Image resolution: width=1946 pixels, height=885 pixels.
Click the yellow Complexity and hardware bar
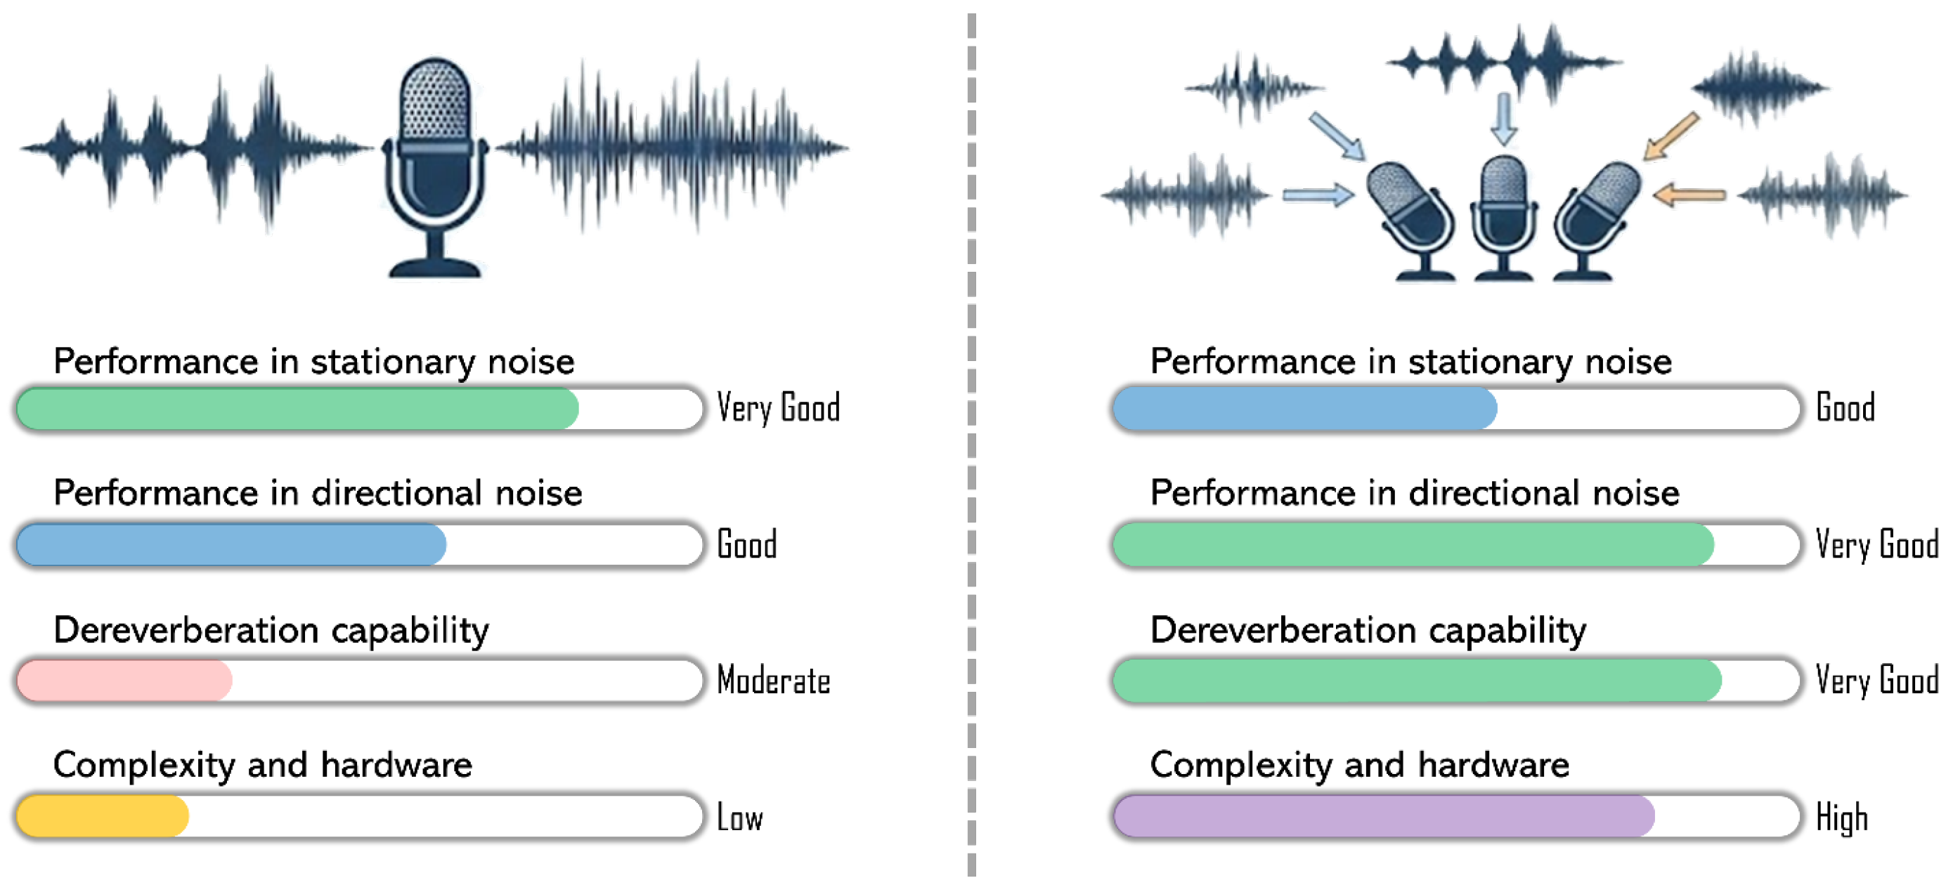[103, 816]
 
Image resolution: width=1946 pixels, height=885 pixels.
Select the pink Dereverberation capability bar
[124, 681]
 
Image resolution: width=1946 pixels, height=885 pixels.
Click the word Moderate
[773, 681]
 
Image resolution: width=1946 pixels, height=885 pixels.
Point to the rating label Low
[739, 818]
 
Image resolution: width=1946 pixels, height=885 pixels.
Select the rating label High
[1842, 818]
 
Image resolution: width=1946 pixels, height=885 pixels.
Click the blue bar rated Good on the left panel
[231, 544]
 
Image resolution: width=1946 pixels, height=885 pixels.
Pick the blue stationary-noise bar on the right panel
[1304, 409]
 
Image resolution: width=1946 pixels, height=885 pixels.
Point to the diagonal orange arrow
[1671, 137]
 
